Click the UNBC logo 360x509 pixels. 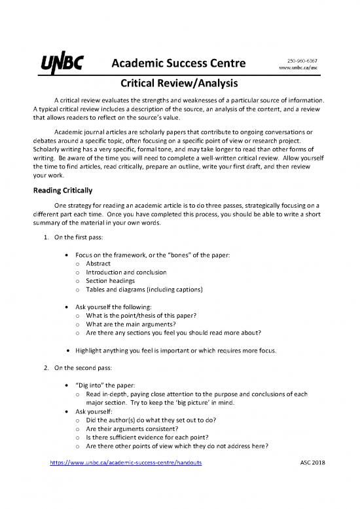click(64, 64)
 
